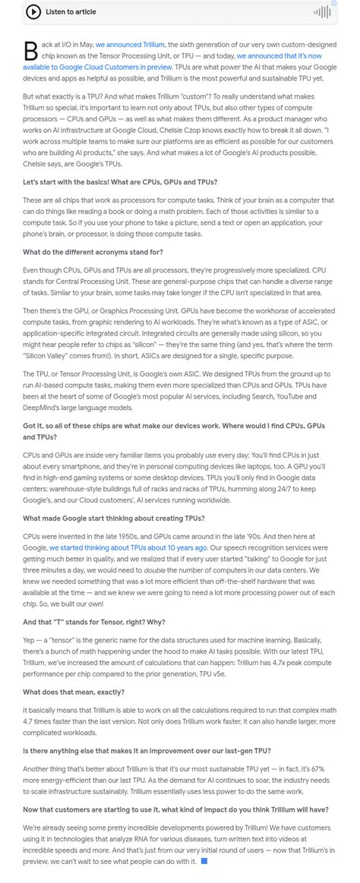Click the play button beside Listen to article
click(33, 11)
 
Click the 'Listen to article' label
click(71, 11)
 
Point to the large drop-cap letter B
click(30, 51)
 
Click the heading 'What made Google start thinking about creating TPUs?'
click(113, 518)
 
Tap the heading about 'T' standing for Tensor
click(93, 622)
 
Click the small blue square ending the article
click(203, 861)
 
